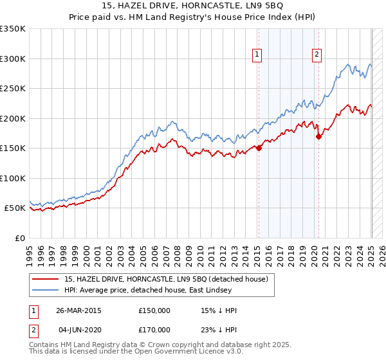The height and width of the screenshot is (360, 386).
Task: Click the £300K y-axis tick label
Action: (12, 59)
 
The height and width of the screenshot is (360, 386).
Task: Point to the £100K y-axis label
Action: (12, 178)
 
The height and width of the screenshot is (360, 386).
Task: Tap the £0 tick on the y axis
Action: (19, 238)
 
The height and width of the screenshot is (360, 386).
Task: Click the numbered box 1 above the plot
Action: (257, 55)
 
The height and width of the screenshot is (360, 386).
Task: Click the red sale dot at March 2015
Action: (259, 148)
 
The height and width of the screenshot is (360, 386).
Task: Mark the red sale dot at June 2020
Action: (318, 136)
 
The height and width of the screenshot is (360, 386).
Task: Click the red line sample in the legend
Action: (46, 279)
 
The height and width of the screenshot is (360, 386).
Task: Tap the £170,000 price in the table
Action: (154, 330)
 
